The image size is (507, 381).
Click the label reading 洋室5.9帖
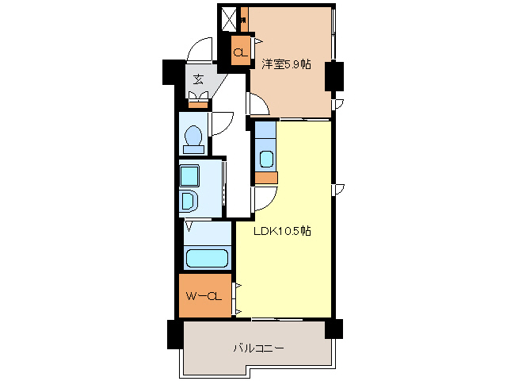coord(287,64)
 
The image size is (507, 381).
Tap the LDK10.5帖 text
coord(281,232)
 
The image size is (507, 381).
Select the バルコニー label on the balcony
coord(258,348)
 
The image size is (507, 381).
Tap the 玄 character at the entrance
coord(197,79)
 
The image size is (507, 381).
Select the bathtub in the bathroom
coord(206,258)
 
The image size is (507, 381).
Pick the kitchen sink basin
coord(266,158)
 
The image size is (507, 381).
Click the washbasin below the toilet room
coord(189,199)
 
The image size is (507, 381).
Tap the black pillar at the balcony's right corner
coord(333,328)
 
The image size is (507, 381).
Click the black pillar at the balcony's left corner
coord(175,333)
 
